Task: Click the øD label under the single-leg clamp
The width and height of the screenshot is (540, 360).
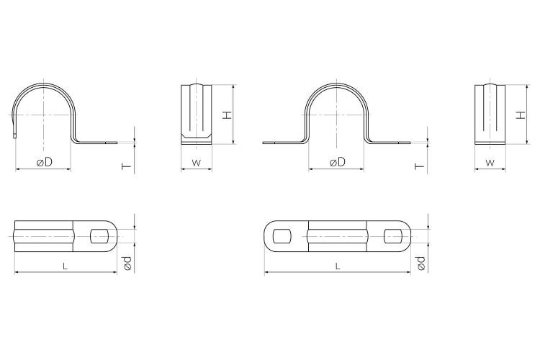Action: click(x=45, y=161)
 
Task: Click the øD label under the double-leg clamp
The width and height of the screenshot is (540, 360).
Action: click(x=337, y=161)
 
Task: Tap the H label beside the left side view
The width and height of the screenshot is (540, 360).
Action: click(x=227, y=115)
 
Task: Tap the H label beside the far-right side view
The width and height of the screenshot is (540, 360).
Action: click(x=522, y=114)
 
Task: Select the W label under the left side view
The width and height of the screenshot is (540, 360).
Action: click(x=197, y=163)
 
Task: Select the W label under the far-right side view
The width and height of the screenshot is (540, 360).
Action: click(x=490, y=163)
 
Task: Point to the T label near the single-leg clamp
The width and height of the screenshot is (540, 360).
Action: click(x=127, y=166)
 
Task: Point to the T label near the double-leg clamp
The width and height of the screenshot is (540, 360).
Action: click(x=420, y=166)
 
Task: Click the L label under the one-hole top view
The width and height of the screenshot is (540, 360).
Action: click(x=65, y=266)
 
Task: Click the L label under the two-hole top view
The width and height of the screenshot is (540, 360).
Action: click(x=338, y=266)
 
